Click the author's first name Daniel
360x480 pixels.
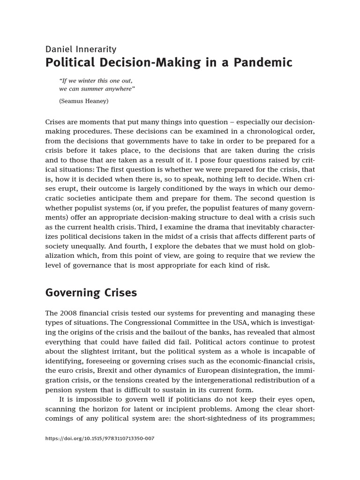(59, 49)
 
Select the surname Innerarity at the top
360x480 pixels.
(97, 49)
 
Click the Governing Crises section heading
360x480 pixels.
(91, 293)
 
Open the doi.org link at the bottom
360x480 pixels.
(99, 438)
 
